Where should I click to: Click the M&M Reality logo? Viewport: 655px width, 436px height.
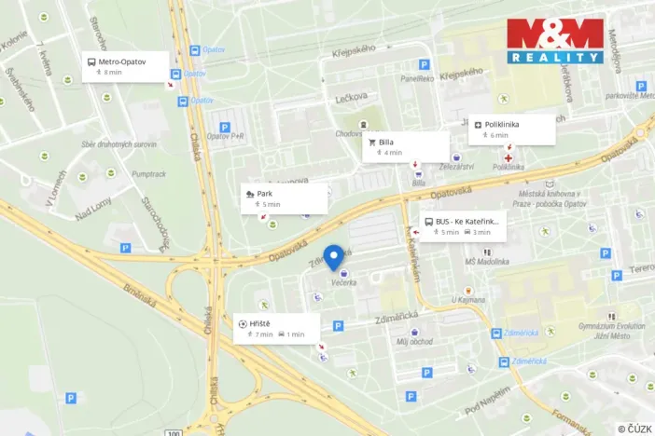coord(555,41)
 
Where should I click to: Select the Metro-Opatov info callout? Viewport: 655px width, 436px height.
coord(126,66)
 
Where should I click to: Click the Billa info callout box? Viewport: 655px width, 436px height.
coord(406,146)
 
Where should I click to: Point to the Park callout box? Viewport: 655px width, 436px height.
coord(284,198)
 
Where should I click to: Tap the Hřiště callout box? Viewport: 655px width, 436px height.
coord(277,328)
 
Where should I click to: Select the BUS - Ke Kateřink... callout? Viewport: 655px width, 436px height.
coord(463,226)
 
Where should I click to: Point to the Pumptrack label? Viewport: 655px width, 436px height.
coord(149,173)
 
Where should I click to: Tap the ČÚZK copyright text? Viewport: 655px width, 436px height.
coord(634,429)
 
